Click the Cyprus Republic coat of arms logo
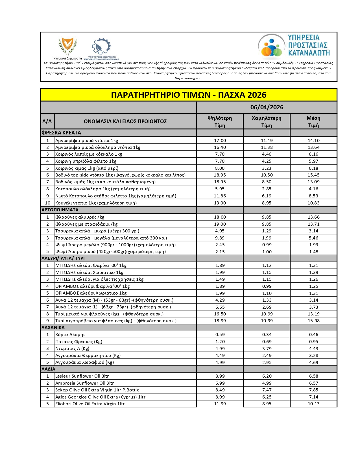[67, 46]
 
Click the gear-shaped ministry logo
[101, 47]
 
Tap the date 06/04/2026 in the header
[267, 107]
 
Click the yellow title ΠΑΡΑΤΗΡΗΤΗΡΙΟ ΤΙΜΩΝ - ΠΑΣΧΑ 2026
[189, 95]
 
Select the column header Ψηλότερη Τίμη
[220, 121]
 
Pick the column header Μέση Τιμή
[313, 121]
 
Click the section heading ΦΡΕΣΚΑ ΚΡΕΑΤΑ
[61, 133]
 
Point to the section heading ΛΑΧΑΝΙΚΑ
[53, 328]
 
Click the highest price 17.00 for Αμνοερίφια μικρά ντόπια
[220, 141]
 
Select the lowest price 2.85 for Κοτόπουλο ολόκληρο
[267, 189]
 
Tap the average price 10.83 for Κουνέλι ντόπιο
[313, 203]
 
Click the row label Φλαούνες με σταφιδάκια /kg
[86, 224]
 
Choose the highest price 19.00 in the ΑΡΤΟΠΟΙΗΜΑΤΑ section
[220, 224]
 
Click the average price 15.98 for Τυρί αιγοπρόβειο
[313, 321]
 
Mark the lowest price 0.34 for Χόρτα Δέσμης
[267, 335]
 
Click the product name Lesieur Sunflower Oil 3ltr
[82, 376]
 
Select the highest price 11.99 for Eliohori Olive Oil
[220, 404]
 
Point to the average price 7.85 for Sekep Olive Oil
[313, 390]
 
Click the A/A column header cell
[47, 121]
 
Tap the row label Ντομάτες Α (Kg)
[72, 349]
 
